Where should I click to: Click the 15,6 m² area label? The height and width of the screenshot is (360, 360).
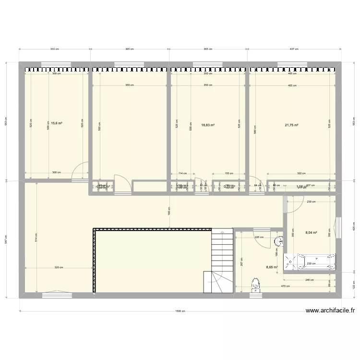tap(57, 123)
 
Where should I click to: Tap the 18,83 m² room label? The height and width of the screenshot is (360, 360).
tap(208, 125)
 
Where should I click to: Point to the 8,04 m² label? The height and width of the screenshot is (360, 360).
tap(312, 232)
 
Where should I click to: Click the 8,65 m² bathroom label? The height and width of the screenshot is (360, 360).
tap(272, 267)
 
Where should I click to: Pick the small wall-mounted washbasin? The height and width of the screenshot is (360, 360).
tap(279, 241)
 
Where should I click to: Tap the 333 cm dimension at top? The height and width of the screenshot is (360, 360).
tap(54, 49)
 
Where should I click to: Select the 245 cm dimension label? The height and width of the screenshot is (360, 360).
tap(310, 280)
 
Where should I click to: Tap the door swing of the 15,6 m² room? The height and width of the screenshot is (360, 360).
tap(80, 170)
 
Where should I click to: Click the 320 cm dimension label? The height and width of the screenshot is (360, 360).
tap(59, 268)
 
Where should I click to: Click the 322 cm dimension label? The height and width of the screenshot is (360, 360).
tap(301, 173)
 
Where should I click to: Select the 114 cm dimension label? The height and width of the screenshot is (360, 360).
tap(182, 173)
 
